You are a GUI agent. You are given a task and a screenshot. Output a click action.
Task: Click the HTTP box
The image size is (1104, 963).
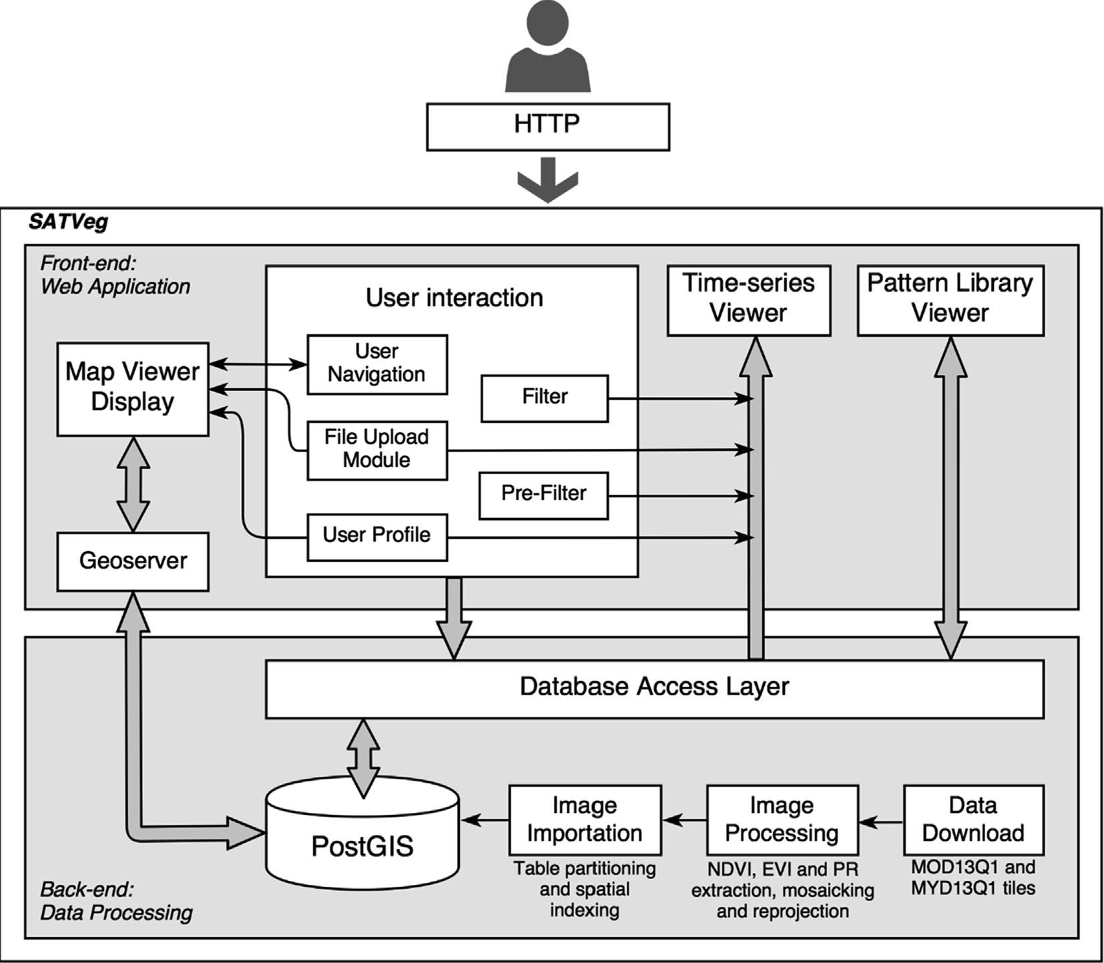[x=547, y=127]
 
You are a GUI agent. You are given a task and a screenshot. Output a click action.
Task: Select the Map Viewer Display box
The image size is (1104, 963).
[x=133, y=389]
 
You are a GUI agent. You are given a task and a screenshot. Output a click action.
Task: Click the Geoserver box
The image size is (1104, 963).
[x=133, y=561]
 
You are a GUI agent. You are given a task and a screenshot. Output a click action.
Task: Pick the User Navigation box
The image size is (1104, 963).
[x=377, y=364]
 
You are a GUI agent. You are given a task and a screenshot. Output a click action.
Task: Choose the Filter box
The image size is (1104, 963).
[x=545, y=398]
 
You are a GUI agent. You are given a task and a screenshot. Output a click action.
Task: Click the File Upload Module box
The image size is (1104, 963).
[x=377, y=450]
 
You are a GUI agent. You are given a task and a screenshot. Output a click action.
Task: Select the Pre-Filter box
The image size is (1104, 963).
[x=543, y=495]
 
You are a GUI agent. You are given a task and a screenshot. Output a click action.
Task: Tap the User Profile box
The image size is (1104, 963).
[x=377, y=536]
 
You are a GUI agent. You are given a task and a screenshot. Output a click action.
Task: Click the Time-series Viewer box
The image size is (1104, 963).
[x=748, y=300]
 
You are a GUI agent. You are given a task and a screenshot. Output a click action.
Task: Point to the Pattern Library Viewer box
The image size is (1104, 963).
[x=950, y=300]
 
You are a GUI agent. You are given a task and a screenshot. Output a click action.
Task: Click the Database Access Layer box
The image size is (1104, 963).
[x=654, y=689]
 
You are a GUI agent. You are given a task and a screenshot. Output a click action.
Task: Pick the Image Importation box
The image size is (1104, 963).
[x=585, y=820]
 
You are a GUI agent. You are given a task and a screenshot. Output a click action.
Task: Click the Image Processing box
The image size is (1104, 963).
[x=782, y=820]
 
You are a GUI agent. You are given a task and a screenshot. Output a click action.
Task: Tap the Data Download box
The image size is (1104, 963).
[x=973, y=820]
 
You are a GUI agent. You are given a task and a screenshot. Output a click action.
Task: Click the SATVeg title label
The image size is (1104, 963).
[x=68, y=222]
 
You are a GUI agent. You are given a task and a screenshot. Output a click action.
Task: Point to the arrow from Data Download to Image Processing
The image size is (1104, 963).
[x=881, y=822]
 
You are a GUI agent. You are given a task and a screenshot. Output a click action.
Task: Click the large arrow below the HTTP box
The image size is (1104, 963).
[x=547, y=179]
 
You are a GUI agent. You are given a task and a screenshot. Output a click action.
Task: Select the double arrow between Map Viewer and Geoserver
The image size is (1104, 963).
[x=133, y=484]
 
